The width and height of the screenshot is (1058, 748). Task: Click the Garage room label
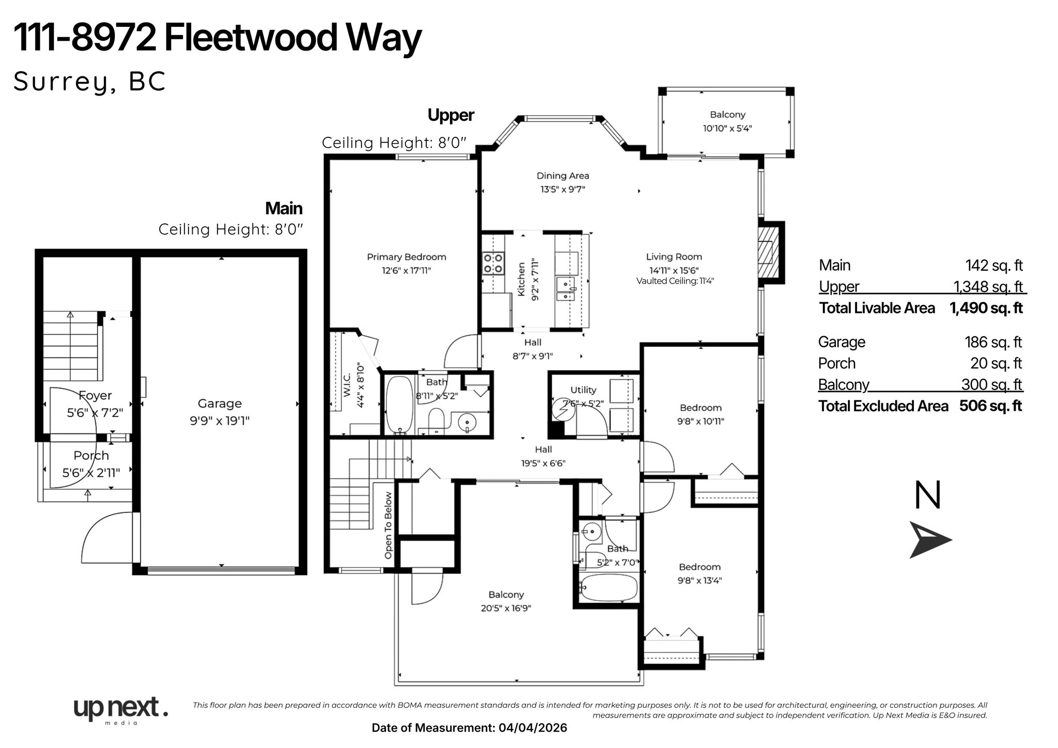[220, 403]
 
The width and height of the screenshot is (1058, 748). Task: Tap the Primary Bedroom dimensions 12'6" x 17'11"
[406, 270]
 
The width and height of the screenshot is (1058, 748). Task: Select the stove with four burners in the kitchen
[493, 263]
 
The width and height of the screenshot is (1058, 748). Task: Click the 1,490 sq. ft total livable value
[986, 308]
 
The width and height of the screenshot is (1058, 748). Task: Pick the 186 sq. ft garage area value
[993, 342]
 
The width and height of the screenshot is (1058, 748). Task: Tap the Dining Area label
[563, 176]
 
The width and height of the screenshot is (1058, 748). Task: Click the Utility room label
[583, 390]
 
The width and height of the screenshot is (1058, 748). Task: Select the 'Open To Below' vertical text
[388, 525]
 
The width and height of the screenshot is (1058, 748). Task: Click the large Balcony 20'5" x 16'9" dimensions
[506, 609]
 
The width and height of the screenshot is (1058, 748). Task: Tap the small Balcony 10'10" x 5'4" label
[727, 115]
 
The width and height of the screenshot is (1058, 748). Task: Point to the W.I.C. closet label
[347, 385]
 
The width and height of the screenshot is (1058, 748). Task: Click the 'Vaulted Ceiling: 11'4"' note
[675, 281]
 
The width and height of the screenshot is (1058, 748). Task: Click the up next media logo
[120, 709]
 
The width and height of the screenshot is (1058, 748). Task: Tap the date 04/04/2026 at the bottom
[533, 728]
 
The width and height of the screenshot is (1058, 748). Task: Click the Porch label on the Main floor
[91, 456]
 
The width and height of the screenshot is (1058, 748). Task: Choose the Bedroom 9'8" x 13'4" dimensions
[699, 580]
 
